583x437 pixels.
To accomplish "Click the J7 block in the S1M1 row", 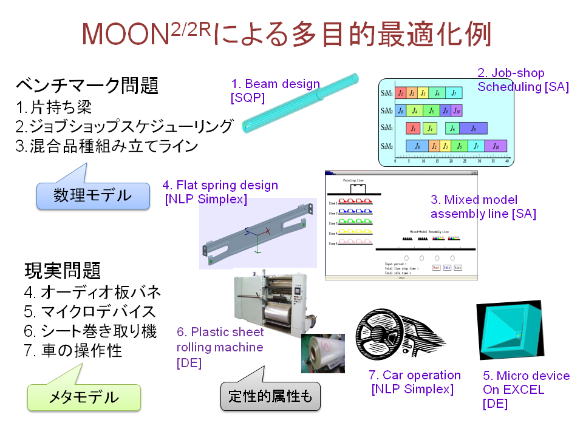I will pos(454,93).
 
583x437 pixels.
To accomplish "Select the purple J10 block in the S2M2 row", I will pos(496,146).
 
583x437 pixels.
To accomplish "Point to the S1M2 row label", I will pos(386,111).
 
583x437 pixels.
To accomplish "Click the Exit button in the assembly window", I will pos(457,267).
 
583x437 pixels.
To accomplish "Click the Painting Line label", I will pos(354,180).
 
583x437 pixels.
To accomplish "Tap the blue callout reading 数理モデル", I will pos(92,195).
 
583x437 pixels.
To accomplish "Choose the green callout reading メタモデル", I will pos(84,398).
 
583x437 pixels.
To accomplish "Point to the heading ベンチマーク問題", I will pos(87,86).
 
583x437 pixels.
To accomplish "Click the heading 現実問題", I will pos(63,269).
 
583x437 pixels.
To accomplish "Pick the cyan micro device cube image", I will pos(507,331).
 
